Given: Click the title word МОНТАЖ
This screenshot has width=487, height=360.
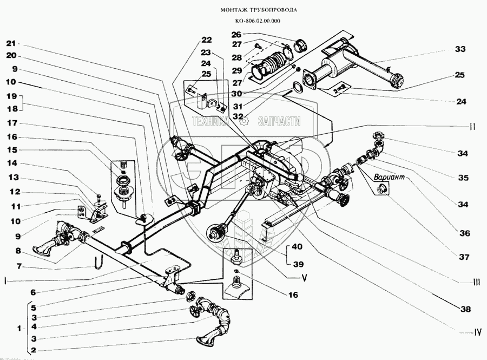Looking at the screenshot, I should click(235, 10).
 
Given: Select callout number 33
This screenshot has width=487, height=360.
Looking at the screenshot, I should click(460, 49).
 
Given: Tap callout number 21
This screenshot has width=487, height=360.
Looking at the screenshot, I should click(12, 43).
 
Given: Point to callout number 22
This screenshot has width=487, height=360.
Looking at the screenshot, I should click(206, 39).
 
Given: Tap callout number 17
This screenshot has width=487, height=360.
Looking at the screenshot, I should click(12, 123).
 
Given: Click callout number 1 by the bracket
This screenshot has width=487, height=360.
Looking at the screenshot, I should click(19, 329).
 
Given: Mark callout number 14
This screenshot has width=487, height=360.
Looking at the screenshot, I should click(12, 163).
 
